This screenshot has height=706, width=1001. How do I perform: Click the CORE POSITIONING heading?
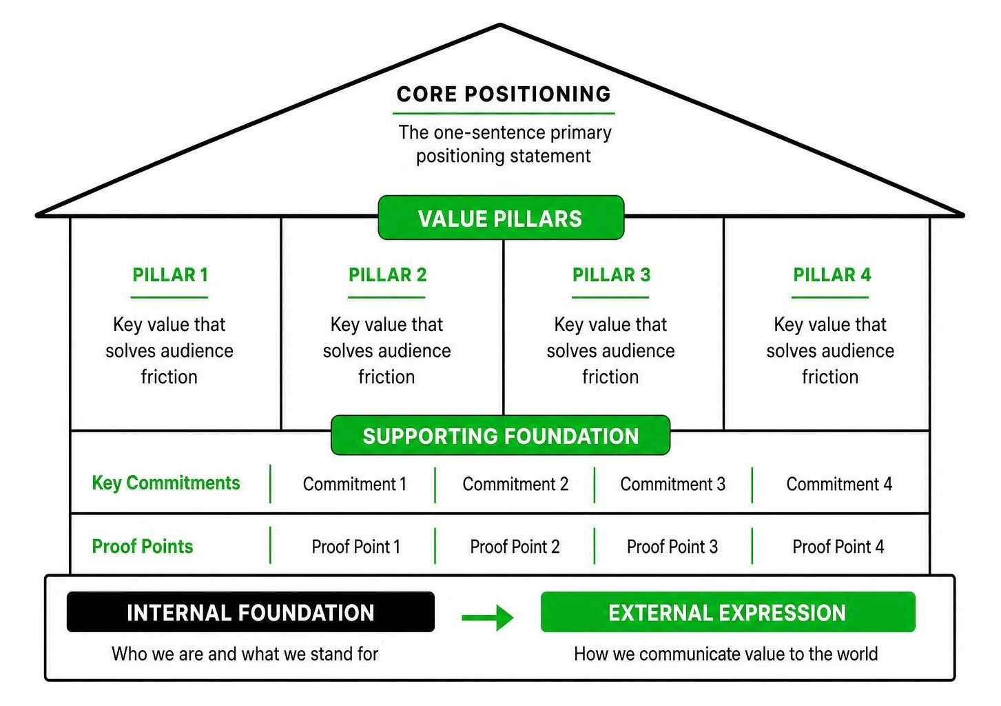pos(504,94)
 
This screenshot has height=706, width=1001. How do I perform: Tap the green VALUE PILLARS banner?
pos(501,218)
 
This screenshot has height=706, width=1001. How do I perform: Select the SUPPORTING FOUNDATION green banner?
pos(500,436)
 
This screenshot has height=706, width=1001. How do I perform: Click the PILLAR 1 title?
pos(170,274)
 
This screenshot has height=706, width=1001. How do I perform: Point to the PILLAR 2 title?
pos(387,274)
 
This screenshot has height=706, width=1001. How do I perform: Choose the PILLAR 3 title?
pos(611,274)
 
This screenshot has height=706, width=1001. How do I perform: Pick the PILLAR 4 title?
pos(832,274)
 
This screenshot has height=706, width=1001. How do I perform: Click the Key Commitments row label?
pos(166,483)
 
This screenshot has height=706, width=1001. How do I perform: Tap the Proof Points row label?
pos(143,546)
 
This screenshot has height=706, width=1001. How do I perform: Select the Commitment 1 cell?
pos(355,484)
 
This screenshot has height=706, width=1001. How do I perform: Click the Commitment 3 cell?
pos(672,484)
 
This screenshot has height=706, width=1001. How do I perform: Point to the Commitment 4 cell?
pos(839,484)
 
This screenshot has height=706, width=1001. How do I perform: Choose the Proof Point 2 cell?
pos(515,546)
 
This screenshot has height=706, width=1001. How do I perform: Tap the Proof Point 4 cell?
pos(838,546)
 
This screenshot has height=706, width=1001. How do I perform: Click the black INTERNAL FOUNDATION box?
pos(251,612)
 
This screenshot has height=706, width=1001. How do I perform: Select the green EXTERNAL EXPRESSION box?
pos(728,612)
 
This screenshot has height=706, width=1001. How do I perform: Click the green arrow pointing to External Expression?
pos(488,618)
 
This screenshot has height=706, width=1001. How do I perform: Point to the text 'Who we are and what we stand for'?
pos(245,654)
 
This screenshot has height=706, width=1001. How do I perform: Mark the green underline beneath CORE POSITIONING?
pos(504,114)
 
